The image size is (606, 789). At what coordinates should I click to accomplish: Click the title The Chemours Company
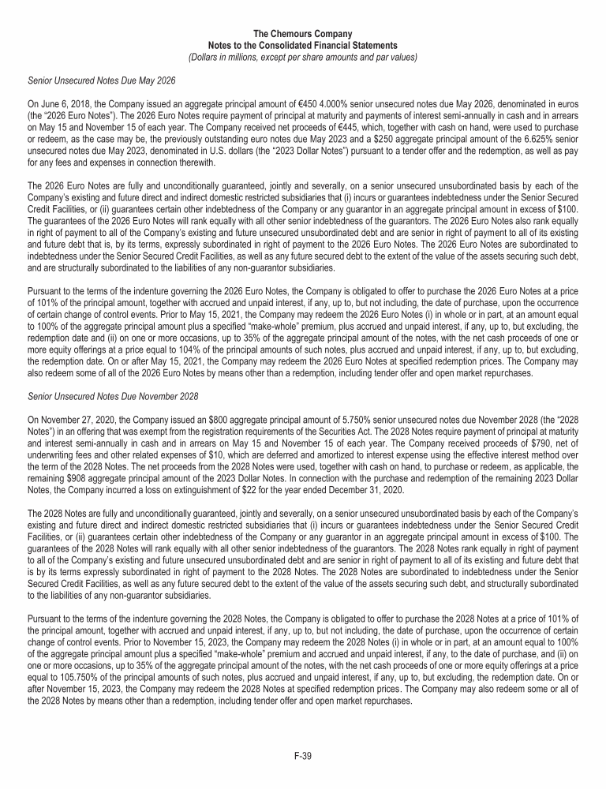coord(302,35)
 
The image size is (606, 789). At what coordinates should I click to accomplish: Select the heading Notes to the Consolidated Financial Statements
coord(302,46)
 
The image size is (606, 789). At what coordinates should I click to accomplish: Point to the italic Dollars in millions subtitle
coord(302,57)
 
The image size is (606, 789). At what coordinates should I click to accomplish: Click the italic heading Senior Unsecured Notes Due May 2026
coord(101,80)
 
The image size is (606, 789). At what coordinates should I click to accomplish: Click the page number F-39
coord(303,756)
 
